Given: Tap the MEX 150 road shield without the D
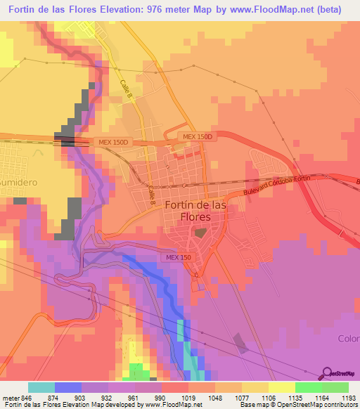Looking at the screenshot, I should [x=178, y=258].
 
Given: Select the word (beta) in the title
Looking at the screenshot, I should [x=326, y=10].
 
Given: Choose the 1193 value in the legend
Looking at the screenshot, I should [x=348, y=396].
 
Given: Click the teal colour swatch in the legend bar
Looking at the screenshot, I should [x=41, y=387].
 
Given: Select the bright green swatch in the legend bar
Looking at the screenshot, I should [x=308, y=387].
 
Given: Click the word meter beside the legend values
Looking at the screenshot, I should [x=8, y=396].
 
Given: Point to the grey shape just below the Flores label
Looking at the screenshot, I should [x=200, y=232].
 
